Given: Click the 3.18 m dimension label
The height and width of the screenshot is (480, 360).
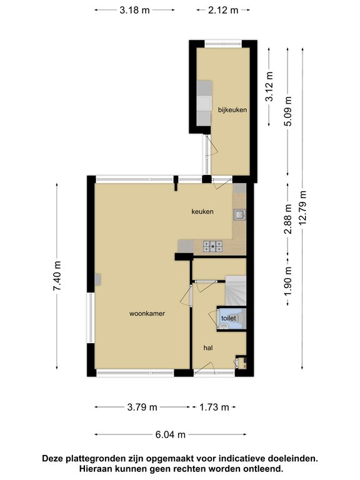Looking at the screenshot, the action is click(134, 10).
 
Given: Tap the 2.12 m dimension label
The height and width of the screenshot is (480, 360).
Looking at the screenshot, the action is click(223, 10).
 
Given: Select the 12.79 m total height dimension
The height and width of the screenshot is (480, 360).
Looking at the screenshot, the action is click(302, 207).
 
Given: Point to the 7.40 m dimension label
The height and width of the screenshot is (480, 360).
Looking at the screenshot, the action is click(57, 276).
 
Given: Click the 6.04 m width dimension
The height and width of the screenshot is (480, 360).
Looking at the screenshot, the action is click(170, 434).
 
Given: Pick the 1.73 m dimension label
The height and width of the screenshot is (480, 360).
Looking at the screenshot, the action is click(214, 407).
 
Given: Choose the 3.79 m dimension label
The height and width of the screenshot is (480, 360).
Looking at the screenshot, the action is click(142, 407).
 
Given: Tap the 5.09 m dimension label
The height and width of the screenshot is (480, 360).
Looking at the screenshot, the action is click(287, 111).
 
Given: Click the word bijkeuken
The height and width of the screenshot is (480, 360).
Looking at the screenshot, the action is click(232, 109).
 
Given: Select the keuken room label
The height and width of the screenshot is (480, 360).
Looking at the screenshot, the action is click(202, 211).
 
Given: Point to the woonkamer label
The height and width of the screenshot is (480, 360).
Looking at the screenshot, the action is click(147, 314).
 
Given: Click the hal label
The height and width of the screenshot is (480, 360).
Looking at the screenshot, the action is click(208, 347).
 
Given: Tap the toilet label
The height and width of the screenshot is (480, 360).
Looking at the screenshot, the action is click(229, 318).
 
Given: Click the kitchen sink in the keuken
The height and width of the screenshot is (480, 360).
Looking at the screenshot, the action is click(239, 214).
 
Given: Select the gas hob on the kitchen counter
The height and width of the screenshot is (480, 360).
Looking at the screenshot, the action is click(212, 247).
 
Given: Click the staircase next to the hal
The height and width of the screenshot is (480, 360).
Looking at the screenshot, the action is click(236, 290).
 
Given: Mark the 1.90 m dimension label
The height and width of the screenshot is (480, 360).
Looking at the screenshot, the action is click(287, 281).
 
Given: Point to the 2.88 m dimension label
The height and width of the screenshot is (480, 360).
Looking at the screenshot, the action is click(287, 219).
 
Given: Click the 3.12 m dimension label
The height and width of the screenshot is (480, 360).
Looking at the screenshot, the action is click(269, 86).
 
